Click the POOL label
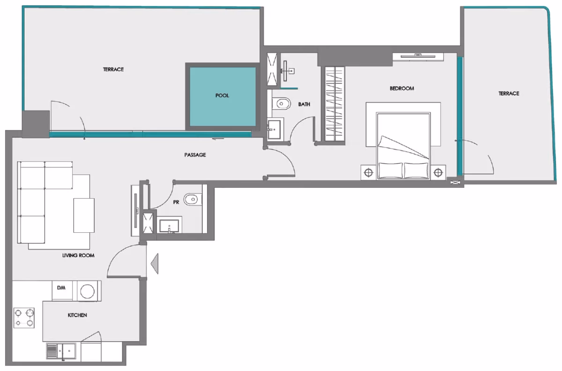[222, 96]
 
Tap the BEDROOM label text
[402, 89]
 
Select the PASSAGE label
[195, 155]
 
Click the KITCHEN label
[77, 315]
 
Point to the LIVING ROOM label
[78, 255]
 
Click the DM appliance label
[61, 288]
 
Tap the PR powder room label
[176, 202]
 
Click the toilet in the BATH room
[281, 103]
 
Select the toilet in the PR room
[192, 199]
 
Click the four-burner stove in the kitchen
[24, 318]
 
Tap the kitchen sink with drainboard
[61, 351]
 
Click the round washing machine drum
[87, 291]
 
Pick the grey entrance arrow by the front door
[155, 264]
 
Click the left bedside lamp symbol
[368, 173]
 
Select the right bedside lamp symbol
[438, 173]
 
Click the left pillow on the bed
[391, 171]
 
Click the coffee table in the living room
[84, 215]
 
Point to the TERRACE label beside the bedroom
[509, 93]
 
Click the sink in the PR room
[170, 226]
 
